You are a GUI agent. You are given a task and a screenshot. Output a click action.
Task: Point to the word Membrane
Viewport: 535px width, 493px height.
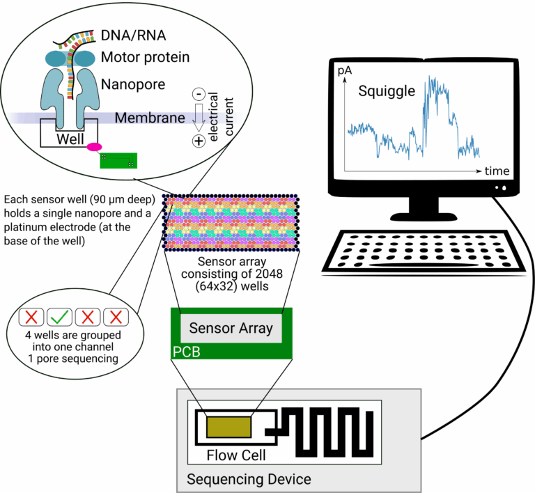point(150,118)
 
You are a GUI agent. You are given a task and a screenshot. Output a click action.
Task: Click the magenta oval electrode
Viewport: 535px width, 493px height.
point(94,146)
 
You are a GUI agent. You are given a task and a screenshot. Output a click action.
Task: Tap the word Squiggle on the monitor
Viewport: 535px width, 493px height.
point(386,91)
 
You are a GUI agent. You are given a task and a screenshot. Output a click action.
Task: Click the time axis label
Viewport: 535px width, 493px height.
point(498,171)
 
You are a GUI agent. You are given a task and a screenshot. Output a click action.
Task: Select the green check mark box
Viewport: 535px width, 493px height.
point(59,318)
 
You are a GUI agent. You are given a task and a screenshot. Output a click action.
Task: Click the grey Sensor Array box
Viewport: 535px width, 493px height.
point(231,328)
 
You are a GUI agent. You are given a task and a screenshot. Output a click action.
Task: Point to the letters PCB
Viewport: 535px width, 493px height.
point(187,352)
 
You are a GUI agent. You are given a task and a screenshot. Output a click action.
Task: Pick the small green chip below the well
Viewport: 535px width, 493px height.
point(119,161)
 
